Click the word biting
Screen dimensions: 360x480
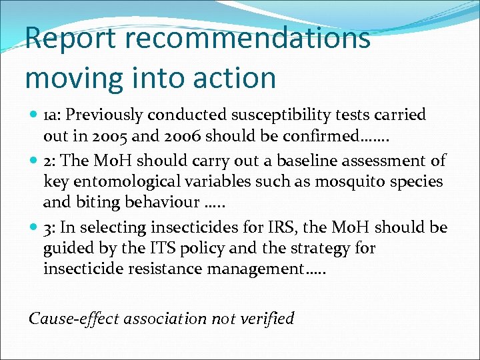93,202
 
